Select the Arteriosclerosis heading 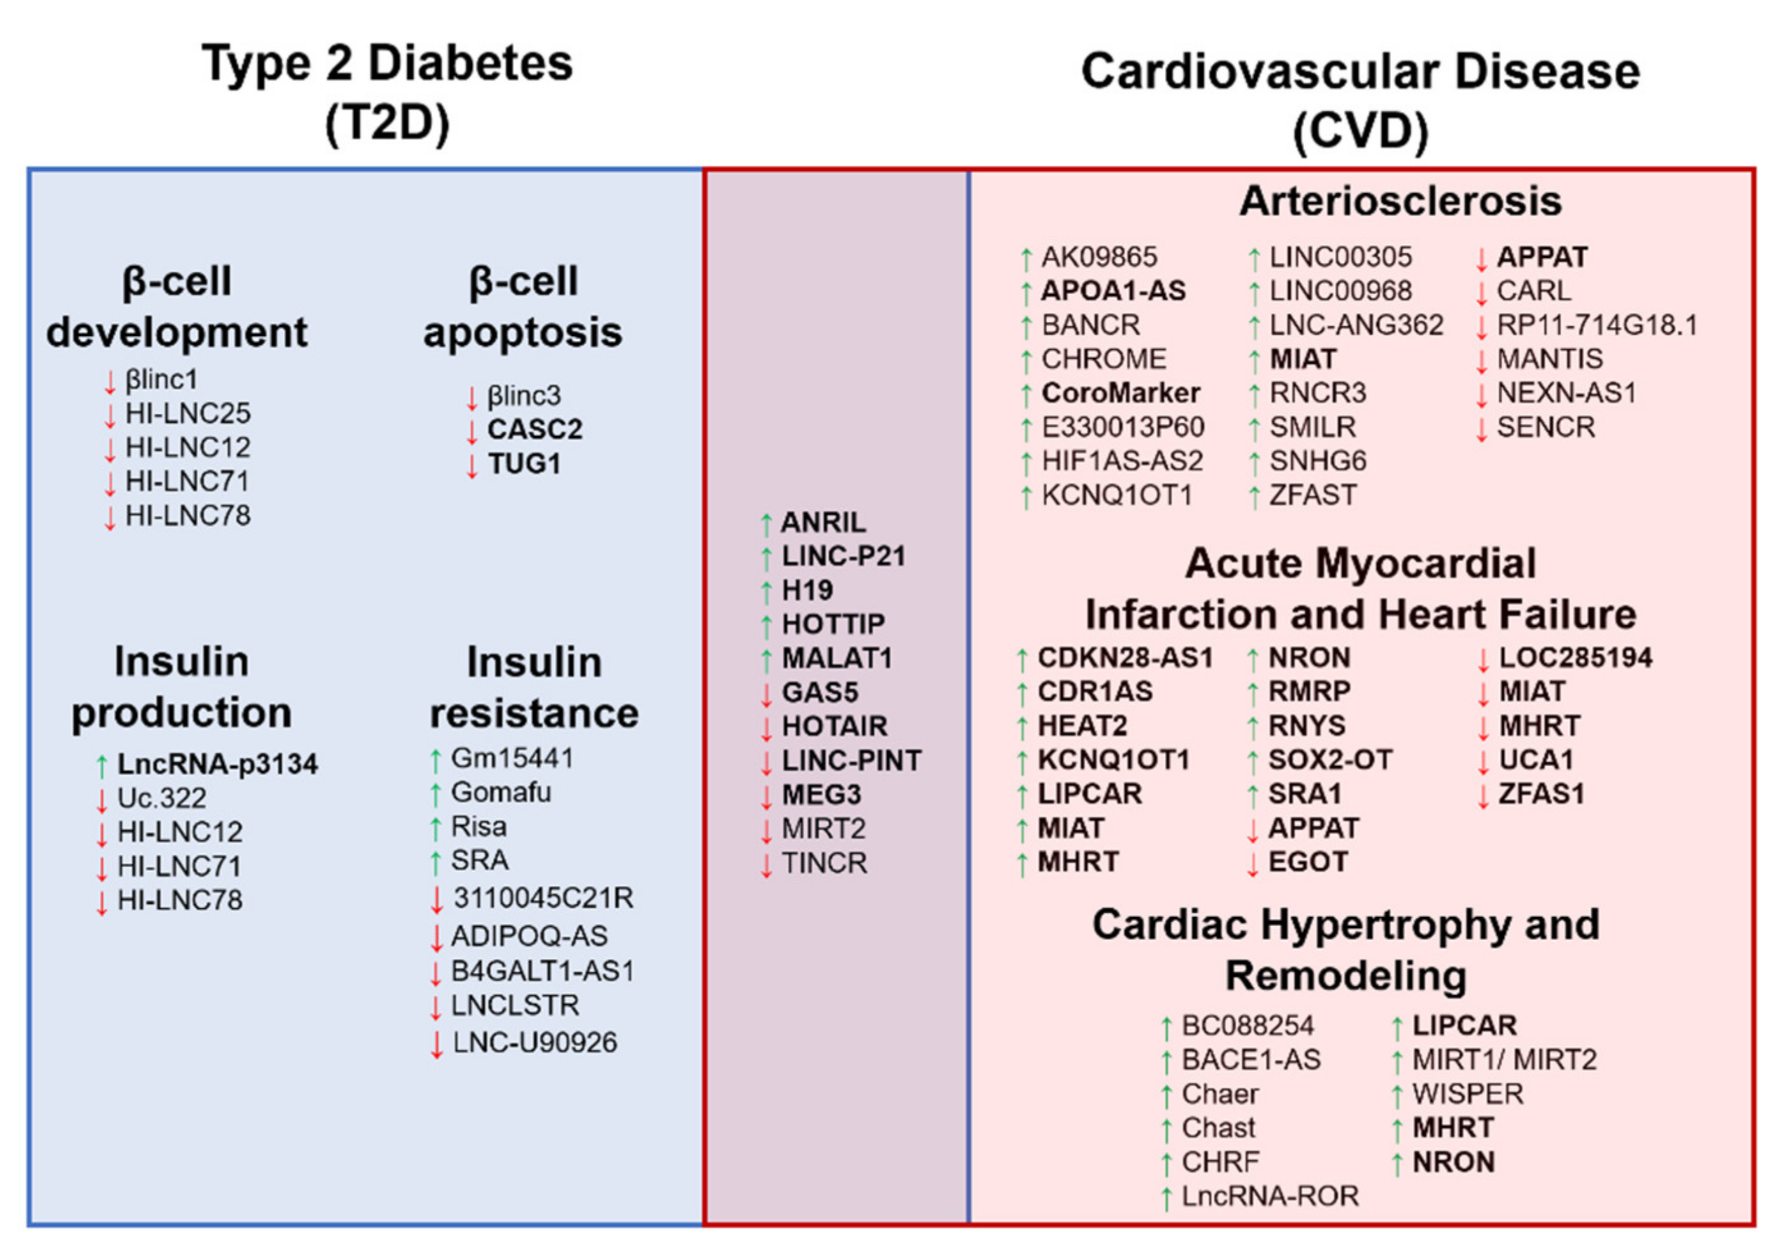[x=1400, y=201]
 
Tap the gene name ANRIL [x=823, y=523]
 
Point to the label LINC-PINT [x=851, y=760]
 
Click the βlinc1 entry [x=162, y=380]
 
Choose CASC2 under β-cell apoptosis [x=534, y=429]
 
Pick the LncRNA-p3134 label [x=217, y=764]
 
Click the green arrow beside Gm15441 [x=436, y=760]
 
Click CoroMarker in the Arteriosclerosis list [x=1120, y=393]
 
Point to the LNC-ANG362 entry [x=1356, y=325]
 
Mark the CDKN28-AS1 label [x=1125, y=657]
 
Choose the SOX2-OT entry [x=1330, y=760]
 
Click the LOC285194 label [x=1575, y=657]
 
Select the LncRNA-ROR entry [x=1269, y=1196]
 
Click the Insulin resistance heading [x=534, y=687]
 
